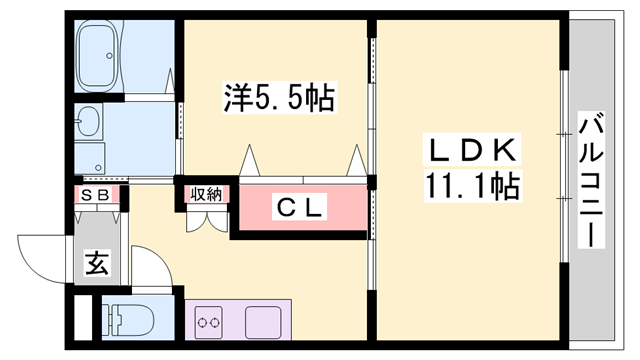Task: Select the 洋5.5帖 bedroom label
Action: click(x=279, y=99)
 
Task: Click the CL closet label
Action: click(x=298, y=209)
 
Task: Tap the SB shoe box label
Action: click(x=99, y=195)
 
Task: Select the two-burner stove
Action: click(x=209, y=323)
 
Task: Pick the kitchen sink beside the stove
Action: click(x=263, y=322)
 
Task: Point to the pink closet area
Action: click(x=298, y=210)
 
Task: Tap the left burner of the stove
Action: click(x=203, y=323)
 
